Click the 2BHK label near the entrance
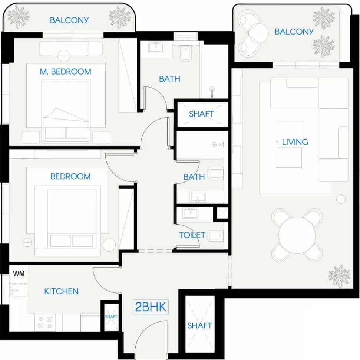(x=151, y=307)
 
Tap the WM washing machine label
(x=19, y=274)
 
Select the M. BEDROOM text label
(x=65, y=72)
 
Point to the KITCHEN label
(x=61, y=291)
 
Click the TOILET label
(x=192, y=235)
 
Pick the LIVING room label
(x=295, y=142)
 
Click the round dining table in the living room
(x=297, y=235)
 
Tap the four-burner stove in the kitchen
(x=45, y=322)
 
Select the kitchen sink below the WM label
(x=18, y=291)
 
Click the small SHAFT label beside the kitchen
(x=111, y=317)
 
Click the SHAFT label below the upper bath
(x=201, y=114)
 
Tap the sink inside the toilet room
(x=190, y=213)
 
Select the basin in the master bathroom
(x=156, y=48)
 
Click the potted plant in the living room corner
(x=339, y=276)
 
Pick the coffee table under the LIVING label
(x=290, y=144)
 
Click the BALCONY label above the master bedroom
(x=69, y=20)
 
